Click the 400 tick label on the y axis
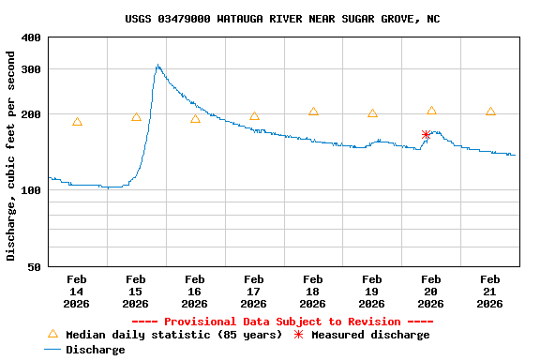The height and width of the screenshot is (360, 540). click(31, 37)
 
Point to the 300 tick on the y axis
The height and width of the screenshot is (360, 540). click(31, 69)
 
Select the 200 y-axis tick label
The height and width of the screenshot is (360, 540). click(31, 114)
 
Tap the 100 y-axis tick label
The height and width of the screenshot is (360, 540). click(31, 190)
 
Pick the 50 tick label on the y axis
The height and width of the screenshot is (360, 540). click(34, 267)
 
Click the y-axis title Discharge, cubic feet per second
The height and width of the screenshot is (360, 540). click(11, 156)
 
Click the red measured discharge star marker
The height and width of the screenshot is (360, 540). click(426, 135)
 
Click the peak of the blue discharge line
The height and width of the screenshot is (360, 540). click(157, 66)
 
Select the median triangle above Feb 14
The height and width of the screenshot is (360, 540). click(77, 122)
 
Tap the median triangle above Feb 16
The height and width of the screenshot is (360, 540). click(195, 119)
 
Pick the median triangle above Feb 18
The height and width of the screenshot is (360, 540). click(313, 112)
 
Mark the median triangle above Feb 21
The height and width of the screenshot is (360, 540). click(490, 112)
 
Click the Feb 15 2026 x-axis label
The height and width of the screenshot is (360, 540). click(135, 292)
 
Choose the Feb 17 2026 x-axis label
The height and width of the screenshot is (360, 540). click(253, 292)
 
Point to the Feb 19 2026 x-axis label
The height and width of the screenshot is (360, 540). click(371, 292)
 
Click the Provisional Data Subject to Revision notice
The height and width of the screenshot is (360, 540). click(282, 322)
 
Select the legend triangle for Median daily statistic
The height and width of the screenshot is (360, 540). click(52, 334)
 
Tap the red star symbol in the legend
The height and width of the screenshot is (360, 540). click(299, 335)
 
